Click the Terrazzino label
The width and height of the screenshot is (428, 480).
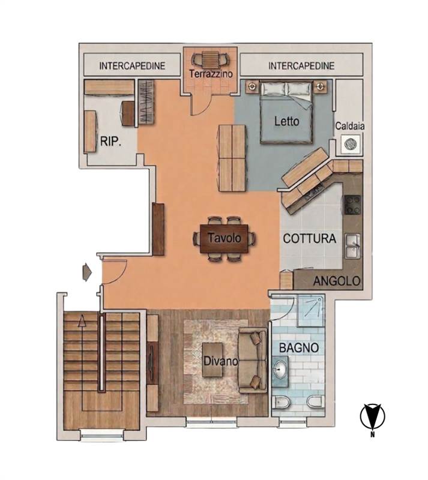tap(211, 74)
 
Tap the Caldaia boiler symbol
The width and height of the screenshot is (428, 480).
tap(350, 144)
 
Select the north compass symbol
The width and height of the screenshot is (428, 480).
tap(373, 418)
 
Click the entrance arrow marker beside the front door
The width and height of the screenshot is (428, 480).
tap(87, 272)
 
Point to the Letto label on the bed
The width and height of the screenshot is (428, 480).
tap(286, 121)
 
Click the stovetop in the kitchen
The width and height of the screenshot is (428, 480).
tap(352, 205)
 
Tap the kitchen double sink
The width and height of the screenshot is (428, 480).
tap(353, 246)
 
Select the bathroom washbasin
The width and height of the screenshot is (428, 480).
tap(280, 369)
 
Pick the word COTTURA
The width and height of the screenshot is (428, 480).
tap(309, 238)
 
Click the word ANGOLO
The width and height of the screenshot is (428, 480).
tap(336, 281)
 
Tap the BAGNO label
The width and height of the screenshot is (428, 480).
tap(299, 348)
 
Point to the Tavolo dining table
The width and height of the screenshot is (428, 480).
tap(224, 239)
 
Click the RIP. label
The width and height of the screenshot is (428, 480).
tap(110, 142)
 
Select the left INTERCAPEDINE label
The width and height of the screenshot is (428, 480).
tap(132, 66)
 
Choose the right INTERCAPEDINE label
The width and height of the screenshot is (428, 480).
tap(301, 66)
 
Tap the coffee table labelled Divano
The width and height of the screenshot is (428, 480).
tap(212, 360)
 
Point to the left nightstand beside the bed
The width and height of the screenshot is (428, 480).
tap(253, 86)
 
